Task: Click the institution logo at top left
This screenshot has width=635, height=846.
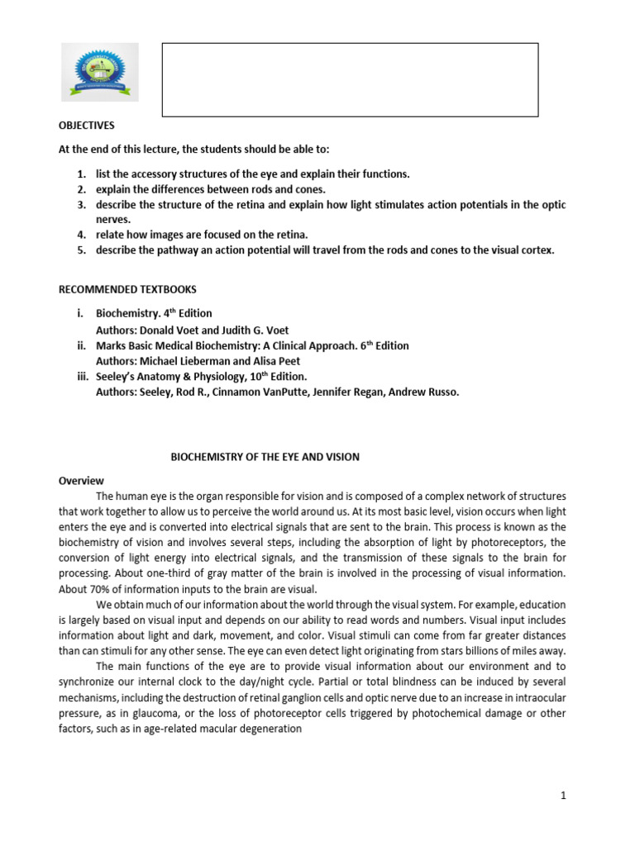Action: (x=101, y=72)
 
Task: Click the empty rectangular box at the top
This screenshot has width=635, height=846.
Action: (x=350, y=79)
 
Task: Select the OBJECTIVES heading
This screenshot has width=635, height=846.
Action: (x=86, y=126)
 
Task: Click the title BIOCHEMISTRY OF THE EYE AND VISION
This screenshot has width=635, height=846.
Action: (x=265, y=457)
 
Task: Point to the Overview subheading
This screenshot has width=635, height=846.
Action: (x=81, y=480)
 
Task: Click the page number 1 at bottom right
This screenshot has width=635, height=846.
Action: (x=562, y=795)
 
